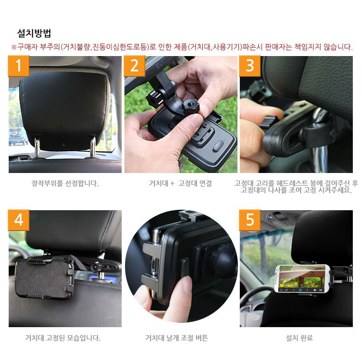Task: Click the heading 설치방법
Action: [34, 33]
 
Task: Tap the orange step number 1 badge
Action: [18, 66]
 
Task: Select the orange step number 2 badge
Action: [134, 66]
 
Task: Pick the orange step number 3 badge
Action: [250, 66]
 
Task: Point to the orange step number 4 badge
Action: [18, 220]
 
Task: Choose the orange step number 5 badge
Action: [250, 220]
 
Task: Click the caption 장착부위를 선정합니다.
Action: [65, 184]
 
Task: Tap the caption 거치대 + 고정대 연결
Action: [181, 184]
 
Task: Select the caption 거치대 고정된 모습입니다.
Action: [63, 338]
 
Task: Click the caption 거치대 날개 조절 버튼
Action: [177, 338]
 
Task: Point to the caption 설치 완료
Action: [299, 338]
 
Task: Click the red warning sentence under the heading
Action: [182, 47]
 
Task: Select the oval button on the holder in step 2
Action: [218, 145]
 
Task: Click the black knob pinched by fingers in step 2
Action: [190, 106]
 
